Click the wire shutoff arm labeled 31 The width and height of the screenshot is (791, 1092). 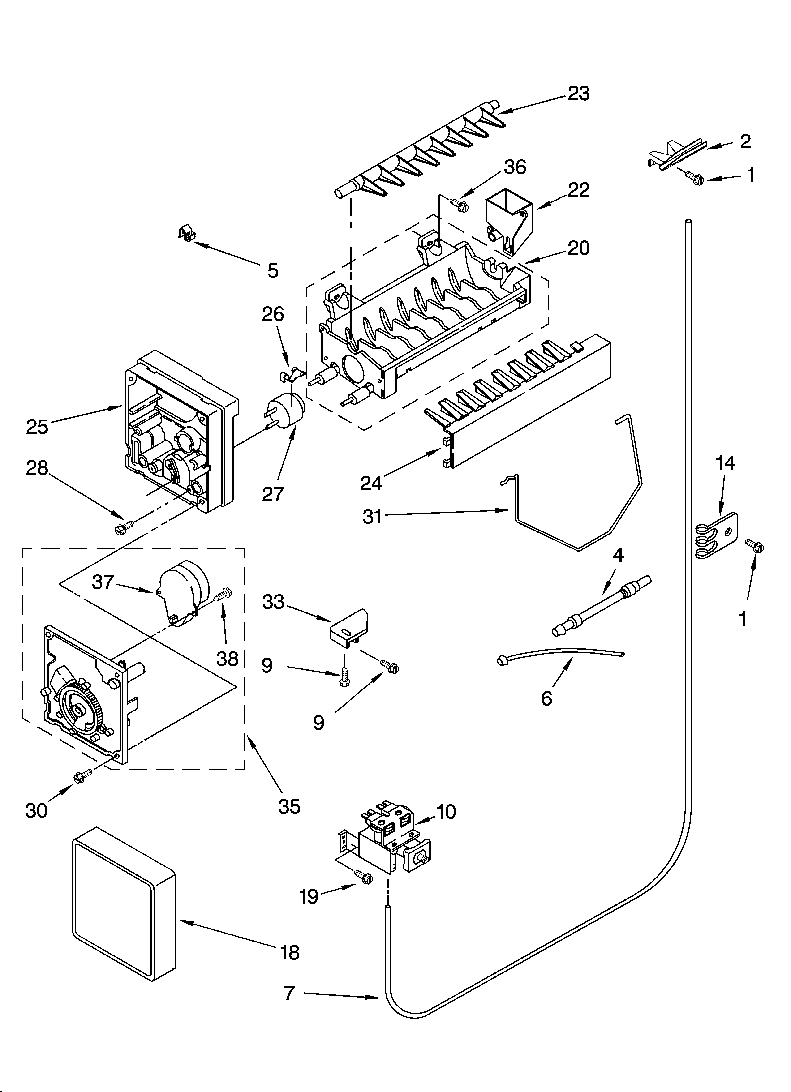click(578, 530)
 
